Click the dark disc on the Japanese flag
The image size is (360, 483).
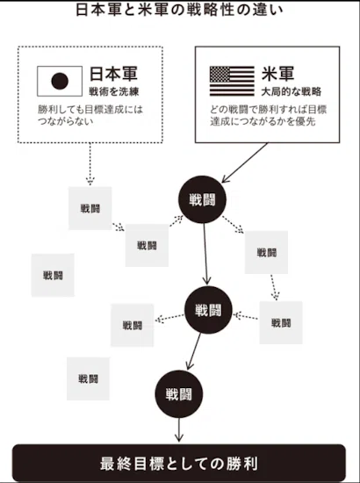click(x=60, y=81)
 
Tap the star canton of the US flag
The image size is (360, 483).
click(x=220, y=75)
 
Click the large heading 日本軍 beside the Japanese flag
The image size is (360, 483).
click(x=113, y=74)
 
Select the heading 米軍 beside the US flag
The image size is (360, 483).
click(x=277, y=74)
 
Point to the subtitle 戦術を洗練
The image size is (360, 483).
click(x=114, y=91)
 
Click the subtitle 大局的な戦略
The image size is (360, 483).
click(x=291, y=91)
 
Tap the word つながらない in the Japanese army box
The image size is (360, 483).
click(x=65, y=121)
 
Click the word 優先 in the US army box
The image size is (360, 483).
click(x=306, y=121)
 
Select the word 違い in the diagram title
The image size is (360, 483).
click(x=271, y=10)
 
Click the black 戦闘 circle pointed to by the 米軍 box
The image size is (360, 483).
click(x=202, y=199)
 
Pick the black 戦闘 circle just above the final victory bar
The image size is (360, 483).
click(x=178, y=394)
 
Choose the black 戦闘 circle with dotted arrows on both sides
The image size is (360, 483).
click(x=208, y=310)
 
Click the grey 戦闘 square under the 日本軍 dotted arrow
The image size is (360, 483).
click(x=90, y=208)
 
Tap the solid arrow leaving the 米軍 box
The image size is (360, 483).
click(x=244, y=162)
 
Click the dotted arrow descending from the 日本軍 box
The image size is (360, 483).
click(x=90, y=164)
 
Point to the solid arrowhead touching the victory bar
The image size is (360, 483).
click(x=179, y=438)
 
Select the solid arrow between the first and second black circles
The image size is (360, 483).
click(x=205, y=254)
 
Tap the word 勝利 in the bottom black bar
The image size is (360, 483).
click(x=242, y=464)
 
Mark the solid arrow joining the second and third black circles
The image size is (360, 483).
click(x=194, y=351)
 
